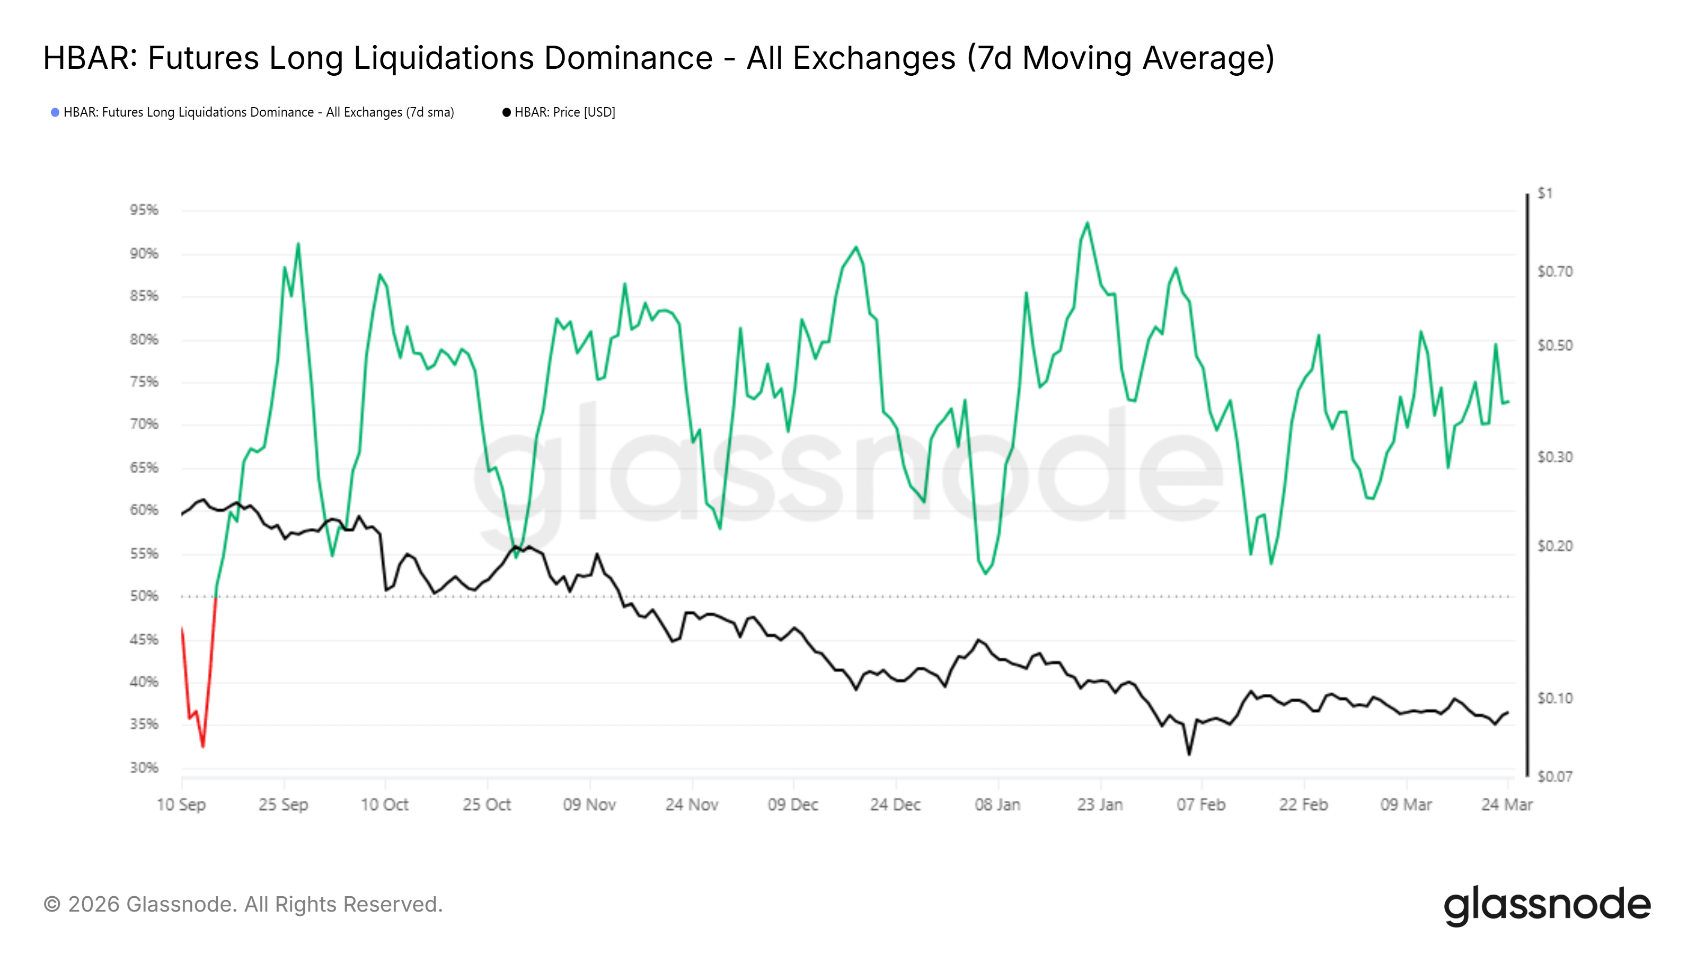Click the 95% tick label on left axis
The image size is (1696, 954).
click(x=144, y=210)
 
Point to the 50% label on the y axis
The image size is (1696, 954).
click(x=144, y=596)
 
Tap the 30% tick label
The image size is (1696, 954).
click(x=144, y=767)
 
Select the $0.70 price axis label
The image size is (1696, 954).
click(x=1554, y=271)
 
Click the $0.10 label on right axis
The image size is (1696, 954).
click(x=1554, y=698)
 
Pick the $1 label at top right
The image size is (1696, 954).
click(x=1544, y=193)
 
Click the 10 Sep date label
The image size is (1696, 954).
click(x=181, y=805)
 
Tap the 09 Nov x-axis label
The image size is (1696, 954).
click(x=589, y=805)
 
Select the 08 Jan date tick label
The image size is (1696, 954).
click(x=997, y=805)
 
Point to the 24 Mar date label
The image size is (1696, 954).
click(x=1506, y=805)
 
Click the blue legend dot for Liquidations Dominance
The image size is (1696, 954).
click(x=55, y=112)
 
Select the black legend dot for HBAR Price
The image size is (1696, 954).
click(x=506, y=112)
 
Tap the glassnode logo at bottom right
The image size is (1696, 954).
click(x=1547, y=905)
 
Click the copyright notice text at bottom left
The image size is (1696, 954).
click(x=243, y=904)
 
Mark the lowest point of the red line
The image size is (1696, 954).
click(x=203, y=747)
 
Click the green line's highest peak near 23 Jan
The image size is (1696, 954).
click(x=1087, y=223)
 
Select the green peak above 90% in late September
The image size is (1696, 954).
click(x=298, y=244)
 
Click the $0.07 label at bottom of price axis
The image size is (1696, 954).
click(x=1554, y=777)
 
